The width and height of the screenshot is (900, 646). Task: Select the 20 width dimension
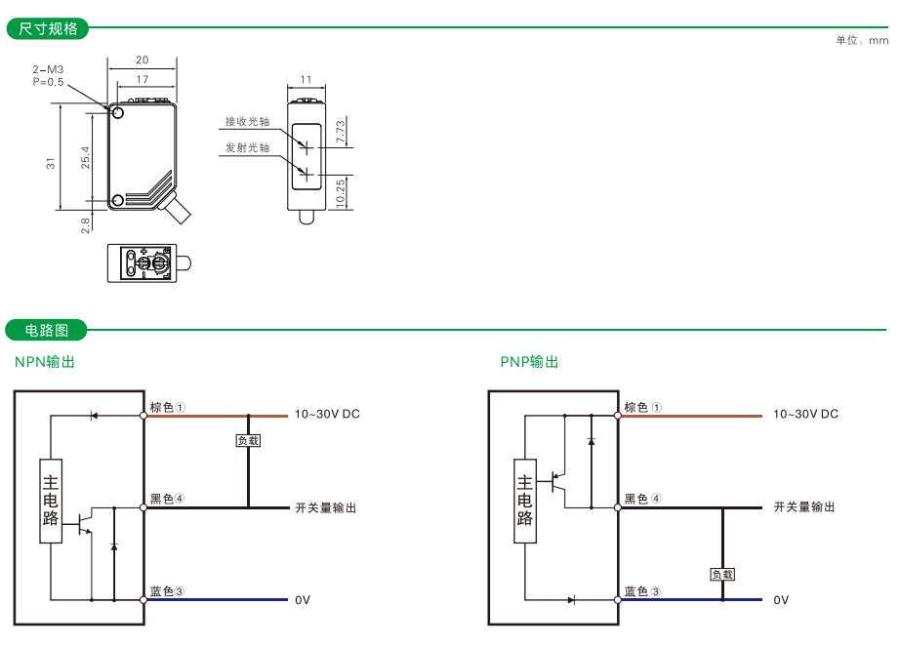point(142,61)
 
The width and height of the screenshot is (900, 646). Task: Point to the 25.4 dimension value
point(86,157)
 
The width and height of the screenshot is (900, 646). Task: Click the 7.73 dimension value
point(340,132)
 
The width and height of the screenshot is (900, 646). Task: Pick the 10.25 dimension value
point(340,191)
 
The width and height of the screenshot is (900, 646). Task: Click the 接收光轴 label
point(247,122)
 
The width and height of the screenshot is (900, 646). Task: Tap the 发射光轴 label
point(247,147)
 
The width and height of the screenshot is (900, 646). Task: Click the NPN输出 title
point(45,362)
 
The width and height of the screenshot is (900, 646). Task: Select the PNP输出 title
point(529,362)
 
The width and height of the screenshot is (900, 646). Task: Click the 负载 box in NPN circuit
point(248,441)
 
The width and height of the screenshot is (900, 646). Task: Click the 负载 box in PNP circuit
point(722,575)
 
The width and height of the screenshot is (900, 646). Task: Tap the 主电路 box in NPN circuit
point(51,499)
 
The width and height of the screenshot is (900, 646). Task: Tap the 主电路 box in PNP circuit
point(525,499)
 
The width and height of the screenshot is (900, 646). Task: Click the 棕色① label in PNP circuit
point(642,408)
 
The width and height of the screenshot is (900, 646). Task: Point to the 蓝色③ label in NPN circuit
point(168,591)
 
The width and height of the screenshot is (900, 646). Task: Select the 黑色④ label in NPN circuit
point(168,500)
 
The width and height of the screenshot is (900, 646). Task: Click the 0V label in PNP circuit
point(781,600)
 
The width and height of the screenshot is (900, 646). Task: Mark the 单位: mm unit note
point(862,41)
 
